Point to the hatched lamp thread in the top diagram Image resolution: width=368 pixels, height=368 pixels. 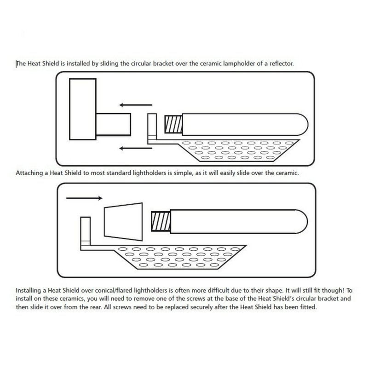click(x=173, y=124)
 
